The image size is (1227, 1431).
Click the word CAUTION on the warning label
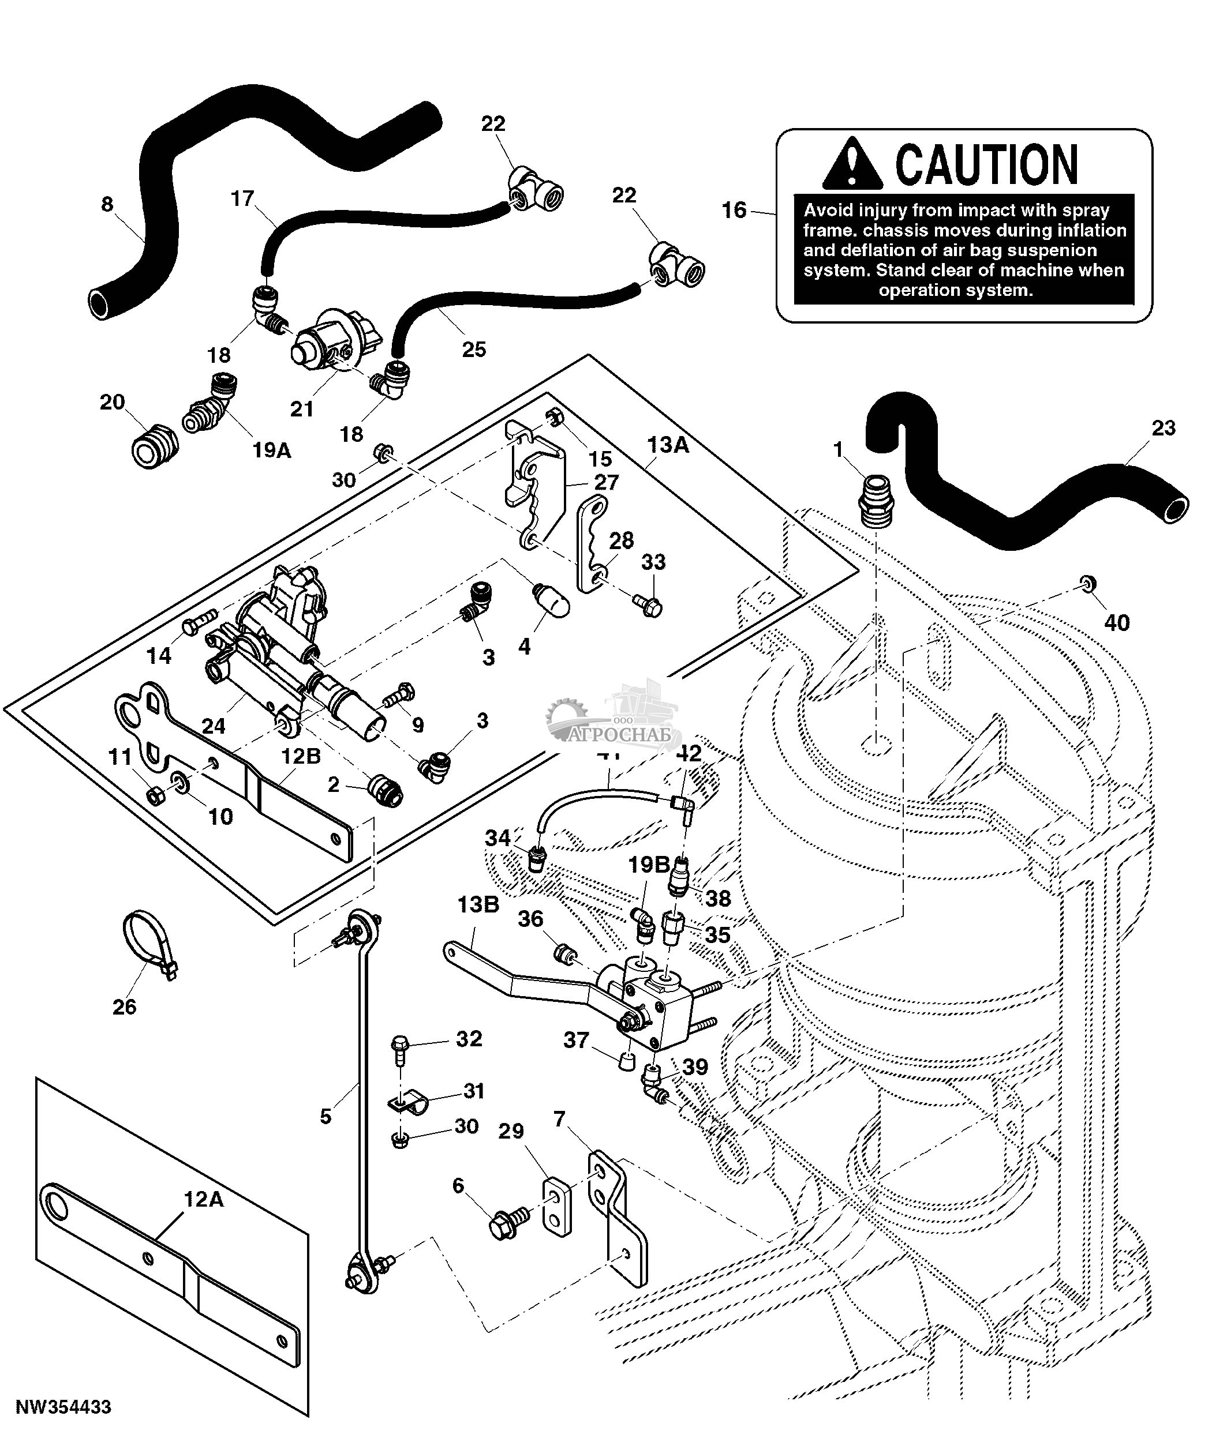click(x=986, y=164)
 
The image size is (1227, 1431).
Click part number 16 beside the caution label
click(x=734, y=210)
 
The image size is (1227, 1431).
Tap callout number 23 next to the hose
click(x=1164, y=428)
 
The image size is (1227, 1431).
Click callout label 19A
click(x=271, y=450)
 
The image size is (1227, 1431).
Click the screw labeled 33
click(x=649, y=606)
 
